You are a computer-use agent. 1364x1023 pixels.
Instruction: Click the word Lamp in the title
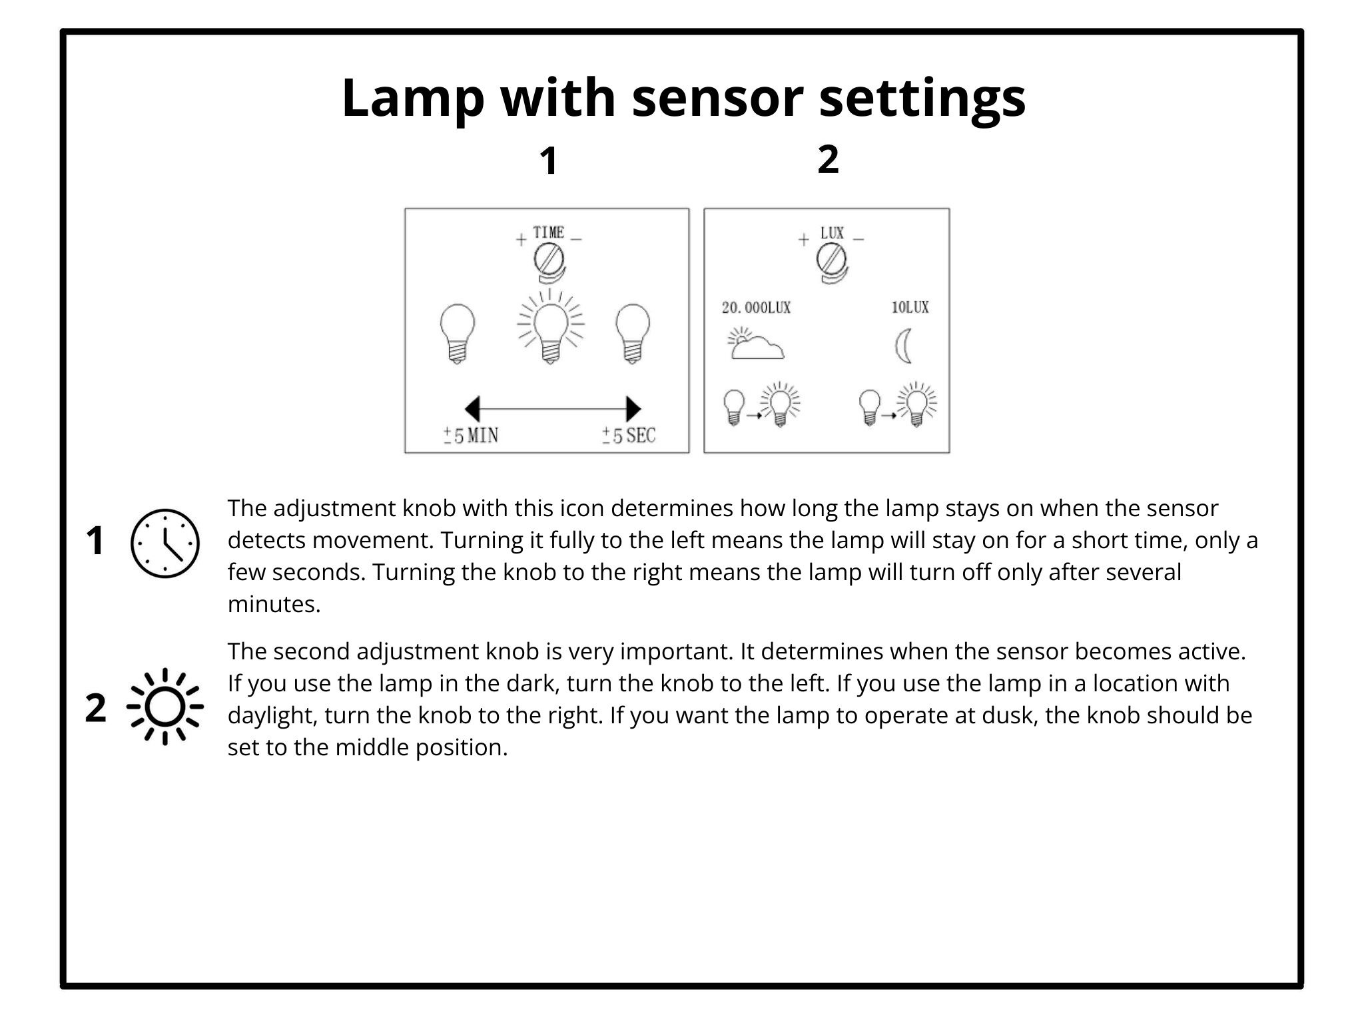click(412, 99)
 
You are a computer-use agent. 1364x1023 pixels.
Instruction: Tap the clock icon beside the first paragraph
click(165, 543)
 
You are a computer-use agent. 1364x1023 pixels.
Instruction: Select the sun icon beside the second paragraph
click(165, 706)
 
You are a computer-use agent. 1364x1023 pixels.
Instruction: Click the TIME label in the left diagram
click(549, 232)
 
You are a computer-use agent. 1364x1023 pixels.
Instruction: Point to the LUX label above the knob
click(832, 233)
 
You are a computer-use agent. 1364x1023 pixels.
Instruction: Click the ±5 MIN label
click(471, 436)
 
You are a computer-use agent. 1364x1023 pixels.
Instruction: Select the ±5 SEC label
click(629, 436)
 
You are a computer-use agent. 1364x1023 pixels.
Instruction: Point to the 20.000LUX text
click(756, 308)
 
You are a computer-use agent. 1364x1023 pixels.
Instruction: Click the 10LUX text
click(910, 308)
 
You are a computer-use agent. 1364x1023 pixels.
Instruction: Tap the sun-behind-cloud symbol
click(755, 344)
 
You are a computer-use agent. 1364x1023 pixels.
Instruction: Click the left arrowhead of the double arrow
click(472, 408)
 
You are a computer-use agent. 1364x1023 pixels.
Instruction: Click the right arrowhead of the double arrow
click(633, 408)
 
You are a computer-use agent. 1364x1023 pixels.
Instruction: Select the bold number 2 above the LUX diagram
click(828, 160)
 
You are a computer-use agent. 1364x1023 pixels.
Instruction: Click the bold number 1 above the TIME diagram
click(548, 161)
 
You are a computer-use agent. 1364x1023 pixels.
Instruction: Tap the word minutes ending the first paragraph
click(273, 604)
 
